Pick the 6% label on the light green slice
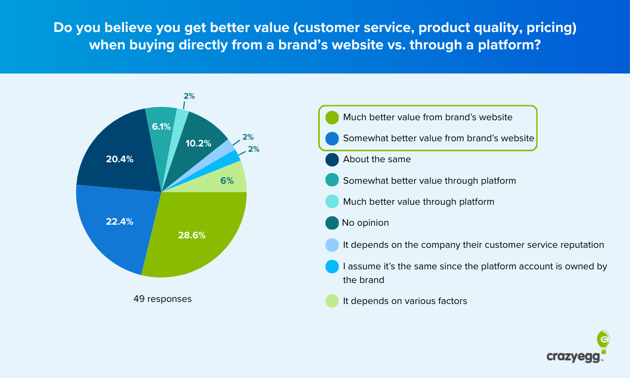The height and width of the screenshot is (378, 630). (x=227, y=181)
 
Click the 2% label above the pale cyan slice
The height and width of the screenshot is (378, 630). (x=189, y=96)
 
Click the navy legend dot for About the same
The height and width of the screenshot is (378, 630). (x=332, y=160)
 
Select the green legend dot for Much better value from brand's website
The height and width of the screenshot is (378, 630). (x=332, y=118)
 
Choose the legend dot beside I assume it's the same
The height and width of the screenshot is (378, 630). (x=332, y=267)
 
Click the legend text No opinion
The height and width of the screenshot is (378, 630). (x=365, y=223)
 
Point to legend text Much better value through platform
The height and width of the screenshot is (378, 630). (x=418, y=202)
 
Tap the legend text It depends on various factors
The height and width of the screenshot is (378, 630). (x=405, y=301)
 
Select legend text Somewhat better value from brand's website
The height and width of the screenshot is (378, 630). (x=438, y=139)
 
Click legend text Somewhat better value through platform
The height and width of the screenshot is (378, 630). (x=429, y=181)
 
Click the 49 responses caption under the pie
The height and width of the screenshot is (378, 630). (x=162, y=299)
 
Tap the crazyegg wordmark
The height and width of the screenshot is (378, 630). (x=574, y=357)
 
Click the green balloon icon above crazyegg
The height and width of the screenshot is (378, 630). (x=603, y=342)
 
